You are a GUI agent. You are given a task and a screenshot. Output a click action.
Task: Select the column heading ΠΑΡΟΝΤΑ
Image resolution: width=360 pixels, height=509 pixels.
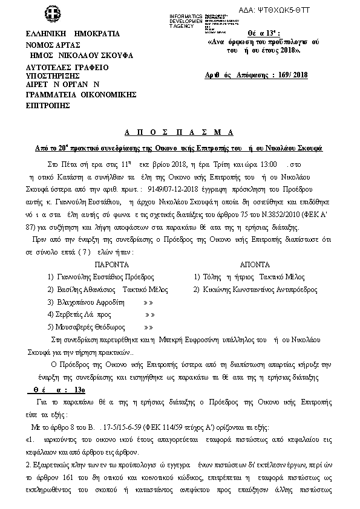point(111,265)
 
